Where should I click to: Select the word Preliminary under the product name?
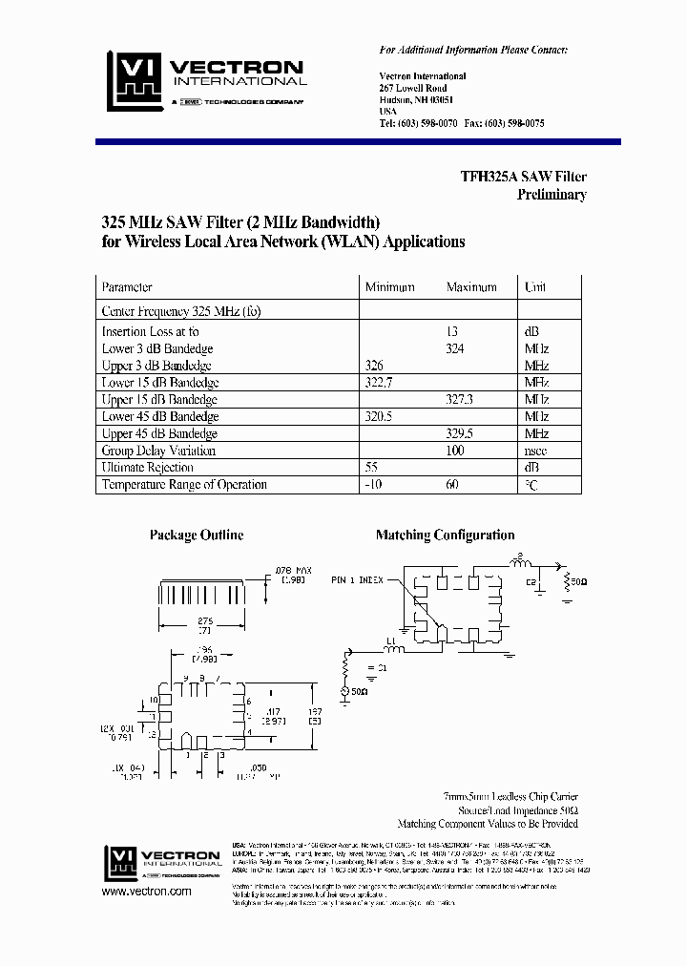click(x=552, y=195)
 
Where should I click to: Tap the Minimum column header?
click(x=389, y=287)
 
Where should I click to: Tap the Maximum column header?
click(x=470, y=287)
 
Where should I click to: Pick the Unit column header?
click(x=534, y=287)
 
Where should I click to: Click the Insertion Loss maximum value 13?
click(x=453, y=331)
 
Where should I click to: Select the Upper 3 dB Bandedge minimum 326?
click(x=375, y=366)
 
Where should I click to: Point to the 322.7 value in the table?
click(x=379, y=383)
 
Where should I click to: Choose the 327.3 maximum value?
click(x=459, y=400)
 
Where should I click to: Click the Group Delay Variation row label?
click(x=158, y=451)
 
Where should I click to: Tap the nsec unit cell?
click(x=535, y=451)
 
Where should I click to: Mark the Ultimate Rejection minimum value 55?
click(x=372, y=468)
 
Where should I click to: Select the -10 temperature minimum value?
click(x=373, y=485)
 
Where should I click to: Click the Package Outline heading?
click(x=197, y=535)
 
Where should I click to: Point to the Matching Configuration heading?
click(x=445, y=535)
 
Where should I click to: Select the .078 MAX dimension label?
click(x=295, y=571)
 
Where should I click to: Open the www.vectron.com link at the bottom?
click(x=146, y=892)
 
